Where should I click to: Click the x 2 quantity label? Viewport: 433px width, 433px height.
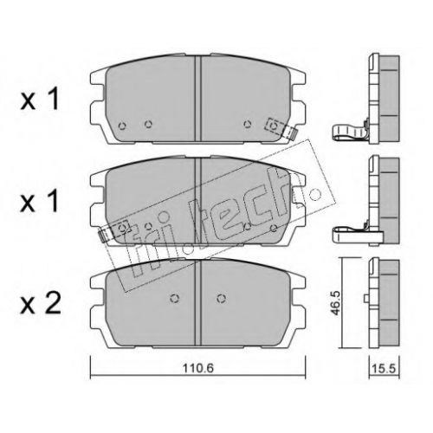point(41,303)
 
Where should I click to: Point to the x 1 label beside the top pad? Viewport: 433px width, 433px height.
point(40,100)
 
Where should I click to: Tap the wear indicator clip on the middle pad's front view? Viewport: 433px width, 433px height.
point(113,231)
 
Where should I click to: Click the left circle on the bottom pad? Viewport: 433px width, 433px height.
point(174,299)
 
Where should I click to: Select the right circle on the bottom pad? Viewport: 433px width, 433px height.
point(221,299)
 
